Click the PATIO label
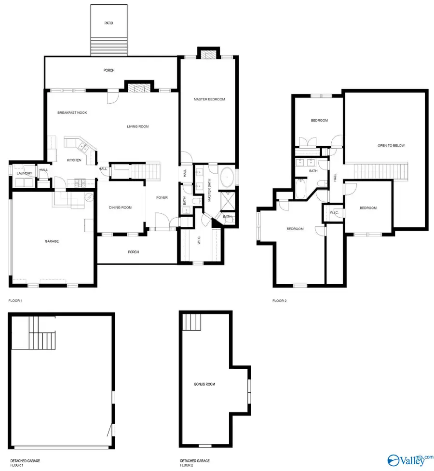(x=108, y=23)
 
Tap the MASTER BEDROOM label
(x=209, y=99)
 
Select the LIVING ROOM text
(x=138, y=126)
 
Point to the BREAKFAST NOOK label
(x=72, y=112)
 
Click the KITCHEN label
(x=74, y=160)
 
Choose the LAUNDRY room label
(x=24, y=173)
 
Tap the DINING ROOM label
(x=120, y=207)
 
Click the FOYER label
(x=162, y=197)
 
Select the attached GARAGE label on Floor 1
(x=52, y=241)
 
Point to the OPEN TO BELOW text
(x=391, y=145)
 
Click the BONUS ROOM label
(x=204, y=384)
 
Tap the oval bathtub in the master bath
(x=227, y=177)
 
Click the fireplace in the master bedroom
(x=208, y=55)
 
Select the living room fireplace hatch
(x=139, y=88)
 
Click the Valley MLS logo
(x=410, y=460)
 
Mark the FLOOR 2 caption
(x=279, y=301)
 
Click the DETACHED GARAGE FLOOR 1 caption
(x=25, y=463)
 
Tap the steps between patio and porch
(x=109, y=46)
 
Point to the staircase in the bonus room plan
(x=191, y=322)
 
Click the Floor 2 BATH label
(x=313, y=171)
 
